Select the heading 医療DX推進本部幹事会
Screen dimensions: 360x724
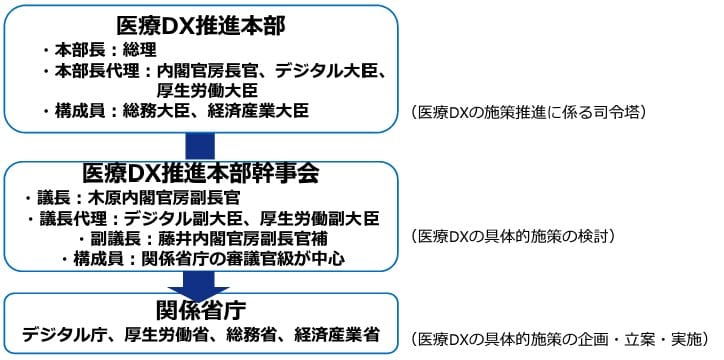(x=200, y=172)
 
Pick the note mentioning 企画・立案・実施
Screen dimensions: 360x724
(x=560, y=338)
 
